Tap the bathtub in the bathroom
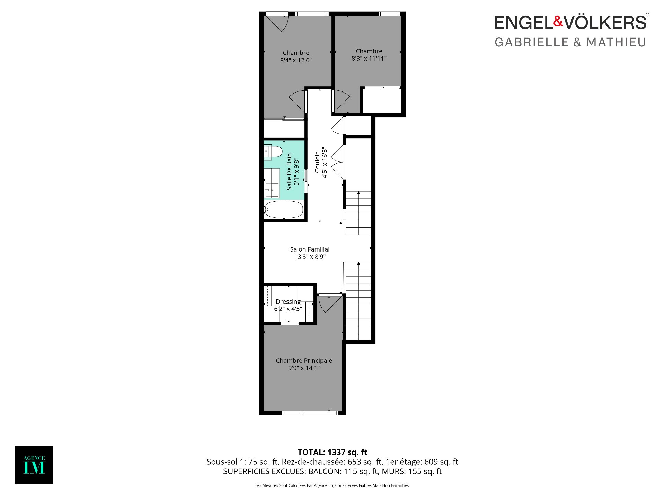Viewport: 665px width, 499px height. pyautogui.click(x=284, y=209)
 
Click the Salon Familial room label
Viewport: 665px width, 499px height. pyautogui.click(x=310, y=249)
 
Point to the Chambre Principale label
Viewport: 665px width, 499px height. pyautogui.click(x=304, y=361)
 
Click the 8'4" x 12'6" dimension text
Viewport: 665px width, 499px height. pyautogui.click(x=296, y=60)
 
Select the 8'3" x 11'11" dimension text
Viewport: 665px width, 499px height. pyautogui.click(x=369, y=59)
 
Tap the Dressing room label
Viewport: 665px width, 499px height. pyautogui.click(x=288, y=301)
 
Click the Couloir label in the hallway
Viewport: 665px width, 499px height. pyautogui.click(x=317, y=162)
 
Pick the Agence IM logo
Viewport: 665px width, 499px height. pyautogui.click(x=34, y=465)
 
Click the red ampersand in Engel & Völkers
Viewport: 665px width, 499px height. pyautogui.click(x=558, y=21)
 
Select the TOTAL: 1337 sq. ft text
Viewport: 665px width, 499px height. pyautogui.click(x=332, y=452)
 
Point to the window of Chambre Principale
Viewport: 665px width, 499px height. pyautogui.click(x=310, y=413)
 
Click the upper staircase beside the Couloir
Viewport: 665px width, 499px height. pyautogui.click(x=358, y=213)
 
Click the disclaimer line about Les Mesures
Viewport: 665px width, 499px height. pyautogui.click(x=332, y=485)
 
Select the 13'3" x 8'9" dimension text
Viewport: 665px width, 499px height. pyautogui.click(x=310, y=257)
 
